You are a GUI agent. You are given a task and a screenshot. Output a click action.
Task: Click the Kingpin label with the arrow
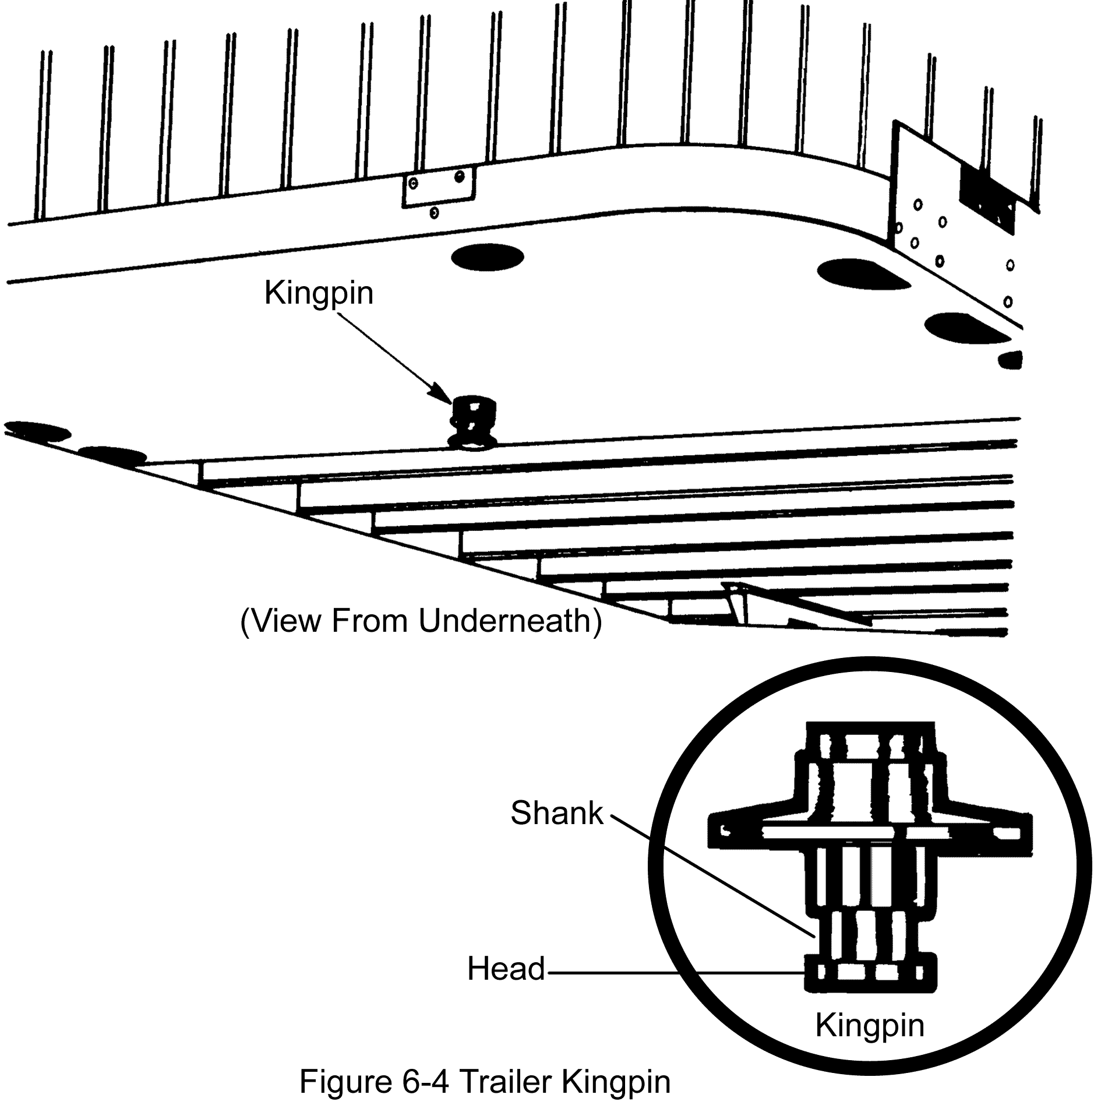coord(319,293)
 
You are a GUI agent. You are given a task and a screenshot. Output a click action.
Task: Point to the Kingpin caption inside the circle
coord(869,1025)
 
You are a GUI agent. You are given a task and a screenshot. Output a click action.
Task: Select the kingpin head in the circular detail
coord(870,972)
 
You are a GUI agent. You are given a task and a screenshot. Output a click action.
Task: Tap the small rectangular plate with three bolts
coord(438,185)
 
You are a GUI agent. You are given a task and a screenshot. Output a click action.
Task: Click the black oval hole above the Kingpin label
coord(487,257)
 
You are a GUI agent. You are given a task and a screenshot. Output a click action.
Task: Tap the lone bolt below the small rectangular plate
coord(433,213)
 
